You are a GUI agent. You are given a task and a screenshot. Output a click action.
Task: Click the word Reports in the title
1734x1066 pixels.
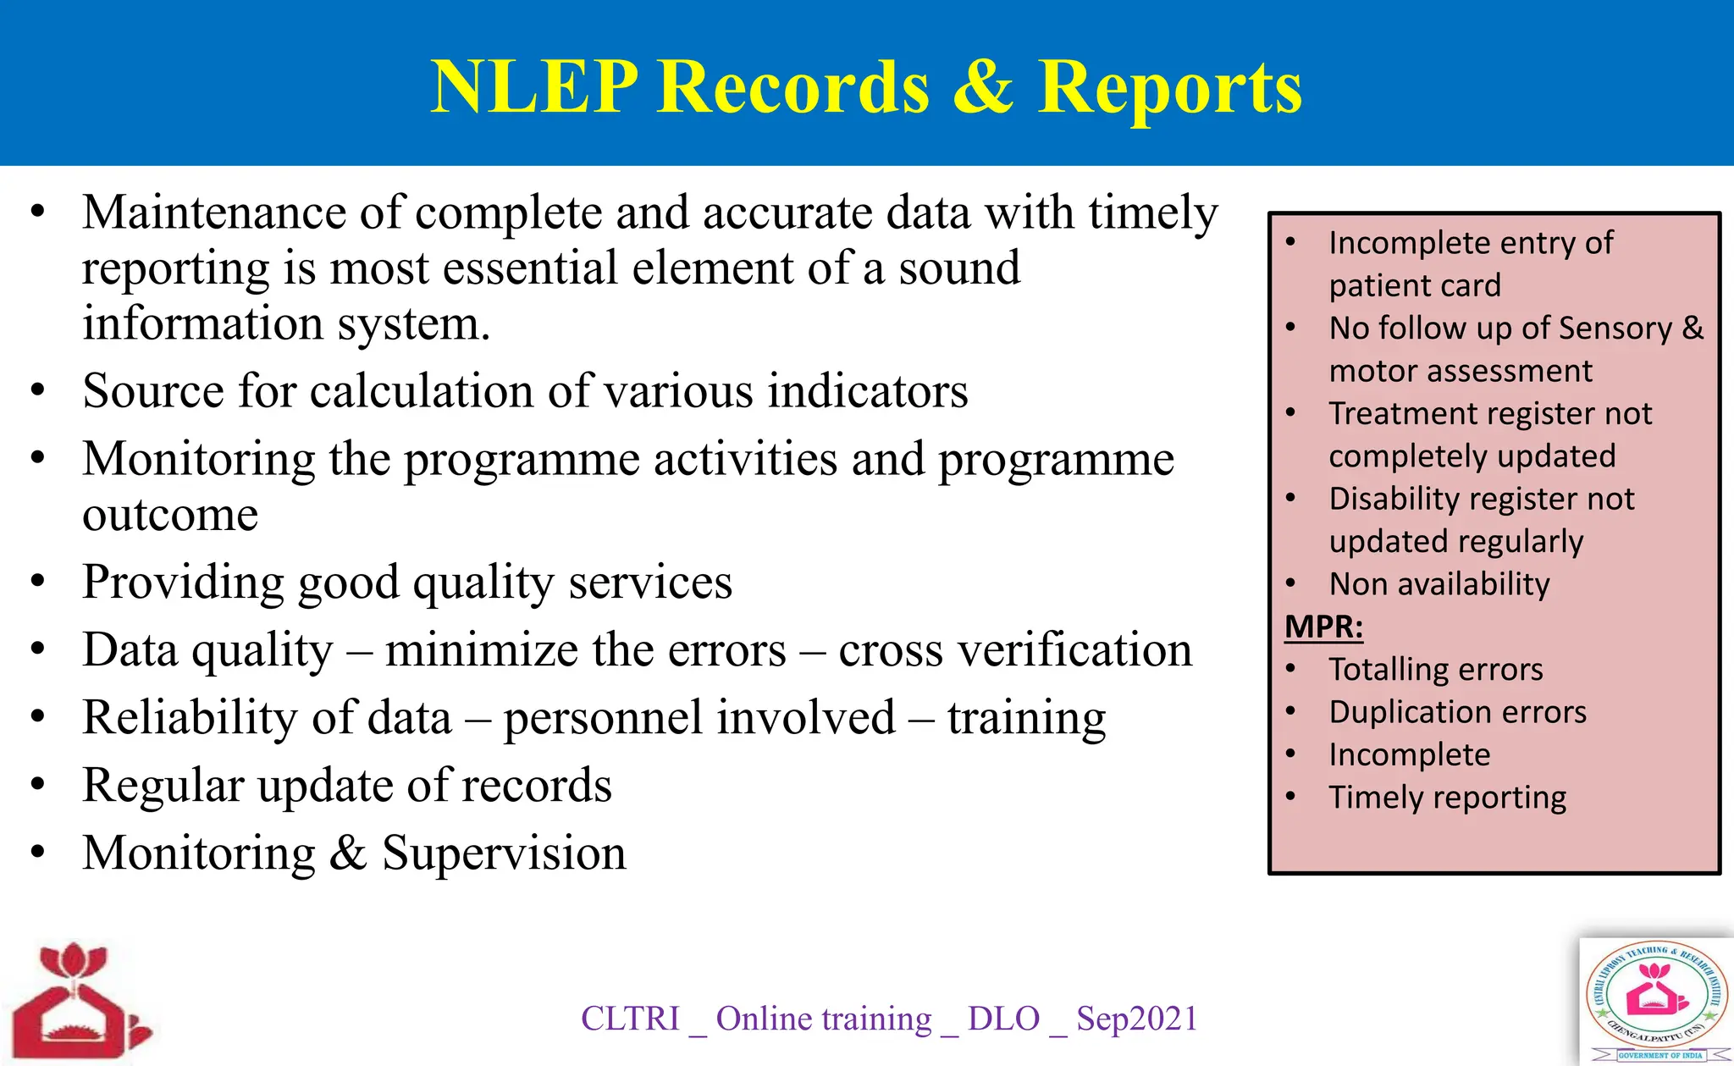tap(1170, 88)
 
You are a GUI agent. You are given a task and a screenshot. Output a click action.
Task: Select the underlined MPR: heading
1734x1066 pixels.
tap(1323, 627)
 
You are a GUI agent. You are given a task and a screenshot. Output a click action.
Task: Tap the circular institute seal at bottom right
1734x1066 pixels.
tap(1656, 1000)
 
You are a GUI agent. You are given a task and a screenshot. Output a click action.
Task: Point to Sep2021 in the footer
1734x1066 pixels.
tap(1137, 1019)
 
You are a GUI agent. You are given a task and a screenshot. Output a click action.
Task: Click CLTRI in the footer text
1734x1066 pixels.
tap(630, 1019)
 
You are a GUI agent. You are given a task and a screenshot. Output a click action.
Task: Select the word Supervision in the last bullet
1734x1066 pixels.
tap(504, 853)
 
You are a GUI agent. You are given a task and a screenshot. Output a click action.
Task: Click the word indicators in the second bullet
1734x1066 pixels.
tap(868, 391)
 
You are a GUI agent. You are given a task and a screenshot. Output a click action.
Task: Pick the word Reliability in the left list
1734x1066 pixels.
tap(190, 718)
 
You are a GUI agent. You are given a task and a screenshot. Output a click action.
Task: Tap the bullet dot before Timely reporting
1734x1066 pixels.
tap(1290, 797)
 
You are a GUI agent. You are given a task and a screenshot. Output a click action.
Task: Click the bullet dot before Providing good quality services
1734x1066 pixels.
tap(37, 582)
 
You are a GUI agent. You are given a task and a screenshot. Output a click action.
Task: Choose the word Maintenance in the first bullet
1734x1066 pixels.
tap(213, 213)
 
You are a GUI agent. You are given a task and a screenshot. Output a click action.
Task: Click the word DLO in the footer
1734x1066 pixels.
tap(1003, 1019)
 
